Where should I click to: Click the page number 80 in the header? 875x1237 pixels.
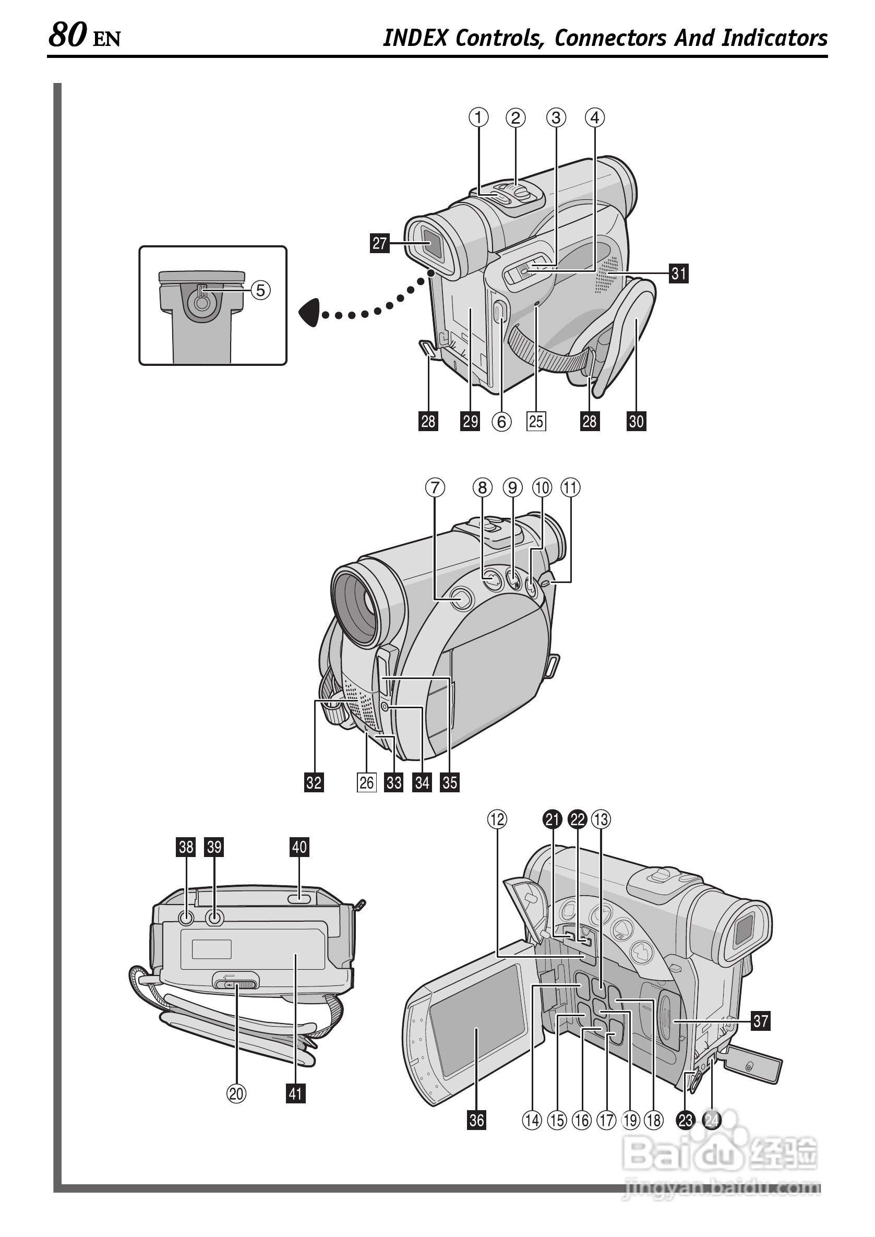pyautogui.click(x=68, y=35)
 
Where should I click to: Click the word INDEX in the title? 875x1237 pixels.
pyautogui.click(x=415, y=38)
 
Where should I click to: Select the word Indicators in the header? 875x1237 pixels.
pyautogui.click(x=774, y=38)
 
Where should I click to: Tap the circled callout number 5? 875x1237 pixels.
pyautogui.click(x=260, y=291)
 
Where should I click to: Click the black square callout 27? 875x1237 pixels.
pyautogui.click(x=380, y=243)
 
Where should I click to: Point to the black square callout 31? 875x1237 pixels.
pyautogui.click(x=679, y=274)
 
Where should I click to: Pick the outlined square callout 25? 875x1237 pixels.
pyautogui.click(x=536, y=421)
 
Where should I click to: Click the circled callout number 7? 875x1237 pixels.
pyautogui.click(x=435, y=488)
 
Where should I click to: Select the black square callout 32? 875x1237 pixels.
pyautogui.click(x=314, y=782)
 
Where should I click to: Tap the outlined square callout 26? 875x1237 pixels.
pyautogui.click(x=366, y=782)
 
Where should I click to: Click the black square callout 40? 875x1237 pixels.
pyautogui.click(x=299, y=847)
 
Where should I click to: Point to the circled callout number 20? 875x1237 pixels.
pyautogui.click(x=236, y=1093)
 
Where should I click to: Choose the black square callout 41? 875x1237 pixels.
pyautogui.click(x=295, y=1093)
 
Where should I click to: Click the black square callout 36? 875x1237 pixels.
pyautogui.click(x=477, y=1121)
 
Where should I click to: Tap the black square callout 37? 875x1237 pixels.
pyautogui.click(x=760, y=1021)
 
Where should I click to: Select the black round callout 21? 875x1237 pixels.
pyautogui.click(x=552, y=820)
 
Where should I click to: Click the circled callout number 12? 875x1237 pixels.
pyautogui.click(x=497, y=820)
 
